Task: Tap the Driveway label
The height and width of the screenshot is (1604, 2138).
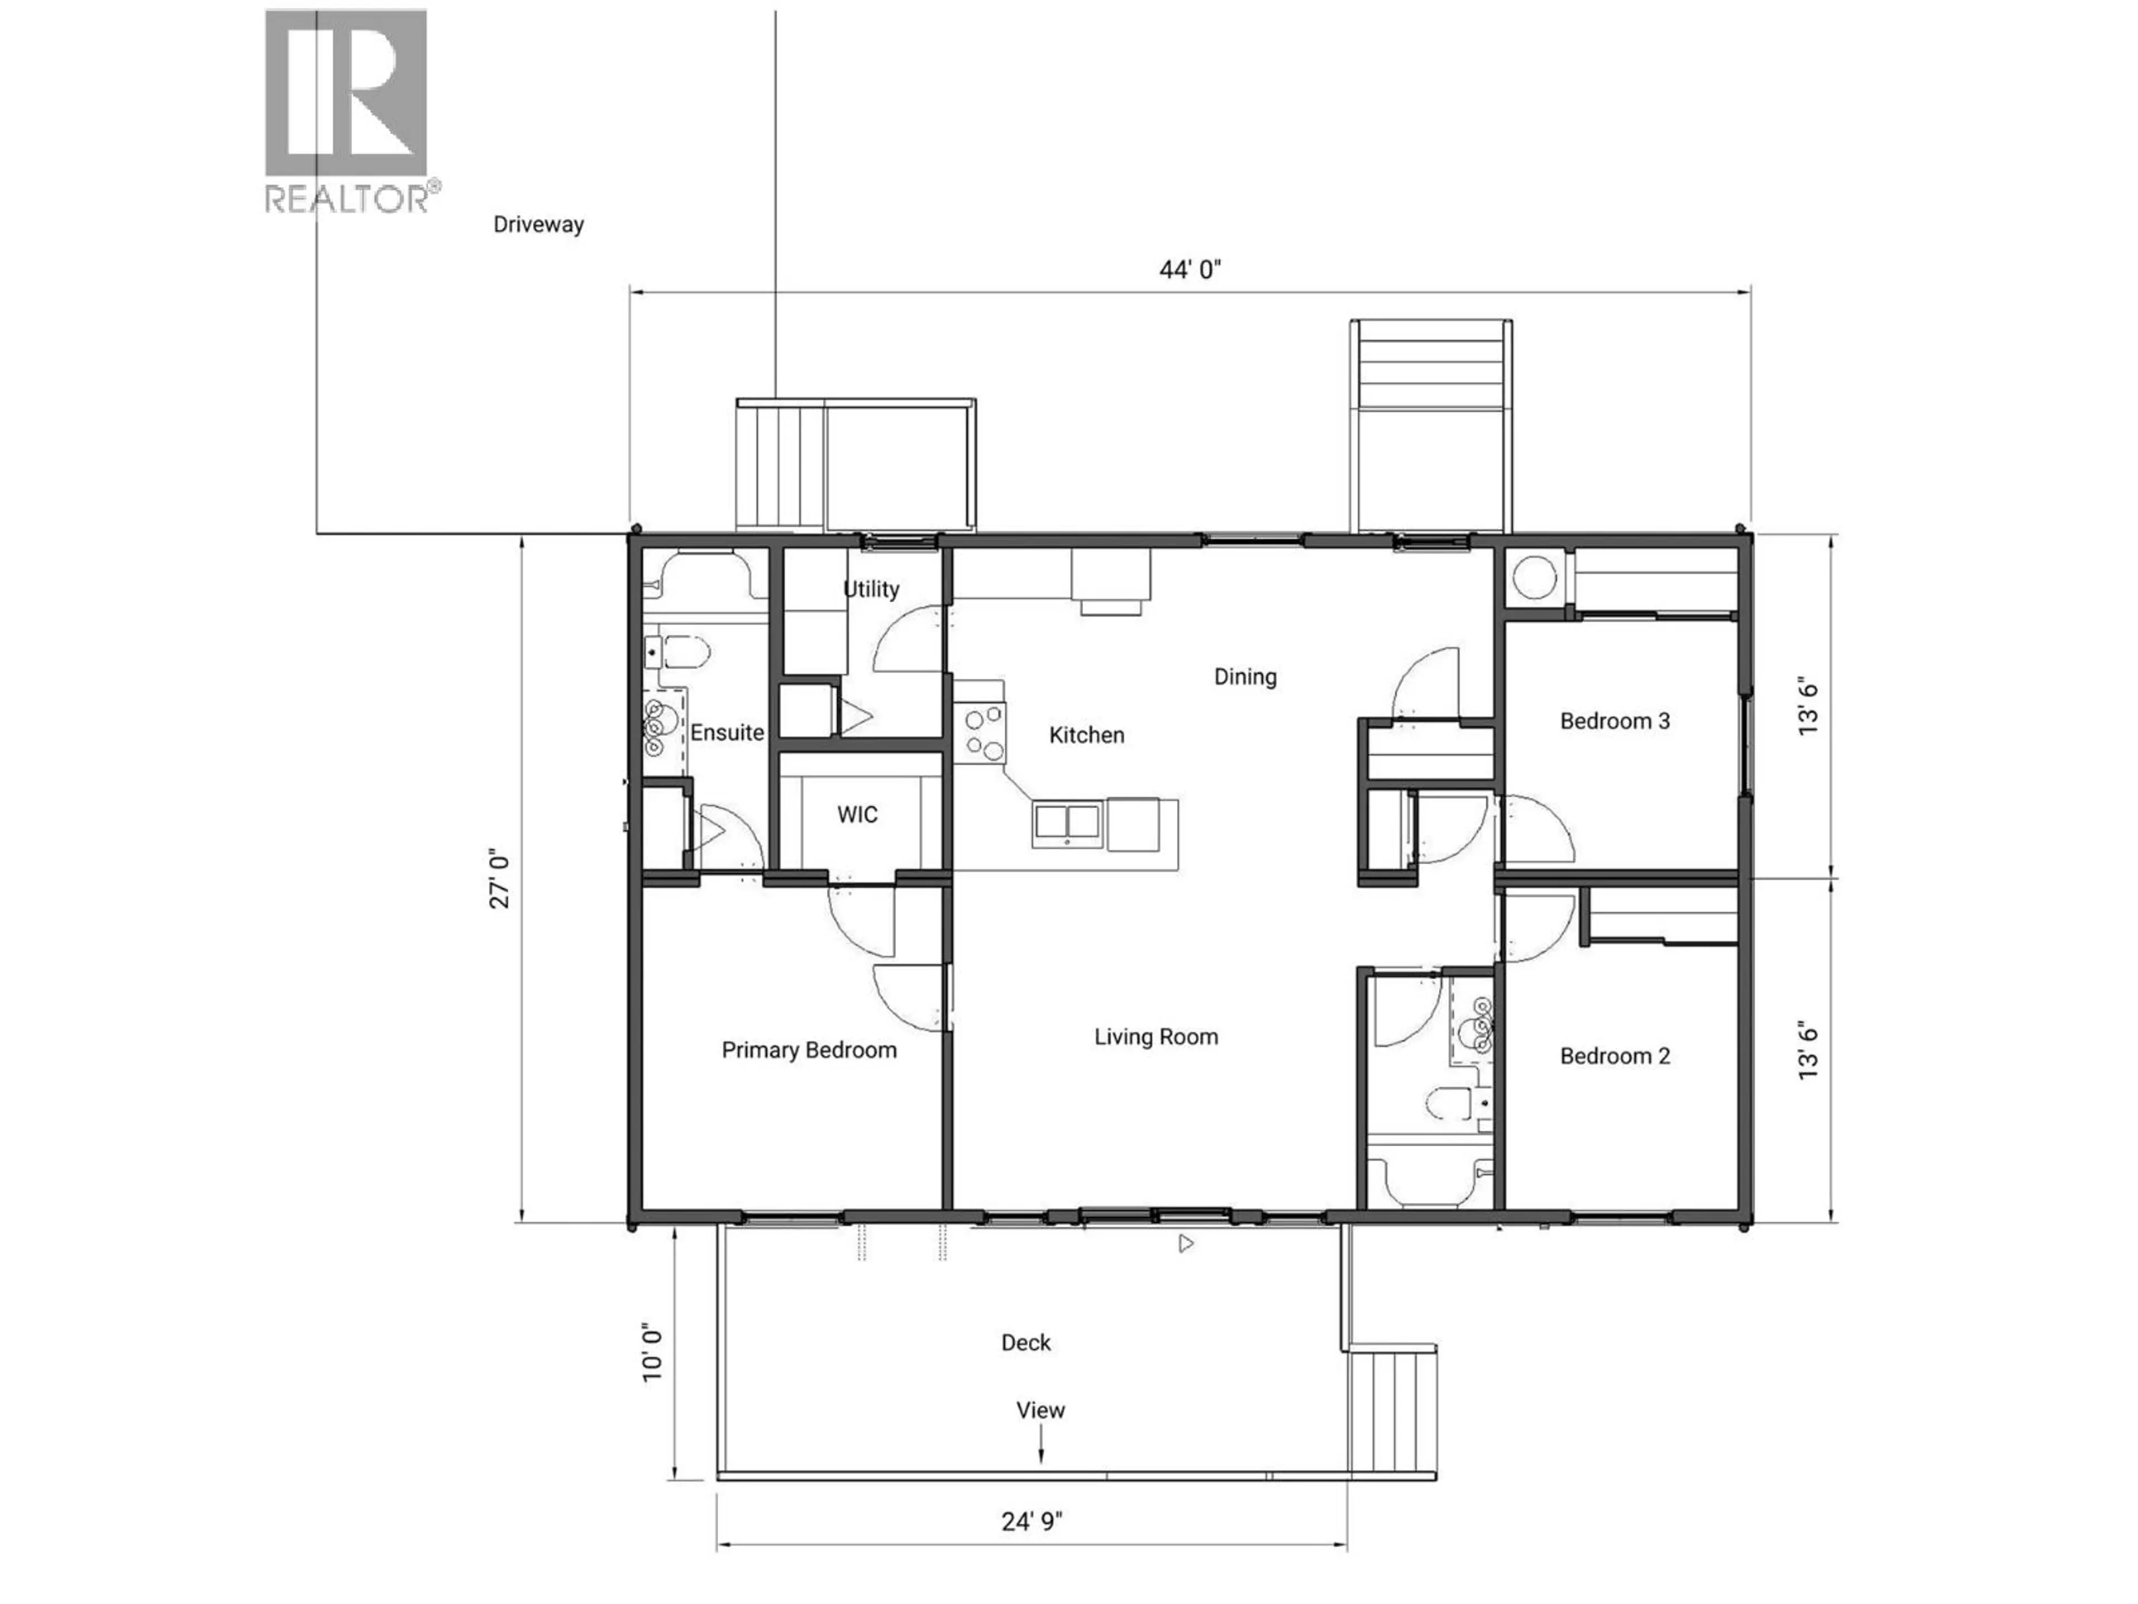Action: [538, 224]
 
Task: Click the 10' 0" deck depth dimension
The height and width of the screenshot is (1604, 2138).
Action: [654, 1353]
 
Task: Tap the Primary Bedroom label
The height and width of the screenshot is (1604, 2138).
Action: [809, 1050]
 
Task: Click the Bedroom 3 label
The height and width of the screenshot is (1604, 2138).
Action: [1614, 721]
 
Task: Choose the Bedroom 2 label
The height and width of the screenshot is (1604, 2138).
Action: [1614, 1056]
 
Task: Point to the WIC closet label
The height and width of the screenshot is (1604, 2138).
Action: [857, 814]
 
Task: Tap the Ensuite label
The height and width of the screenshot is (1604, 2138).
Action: [727, 733]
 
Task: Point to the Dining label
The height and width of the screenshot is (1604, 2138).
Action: [1245, 677]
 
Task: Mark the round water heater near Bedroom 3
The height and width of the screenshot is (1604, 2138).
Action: [1534, 579]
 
